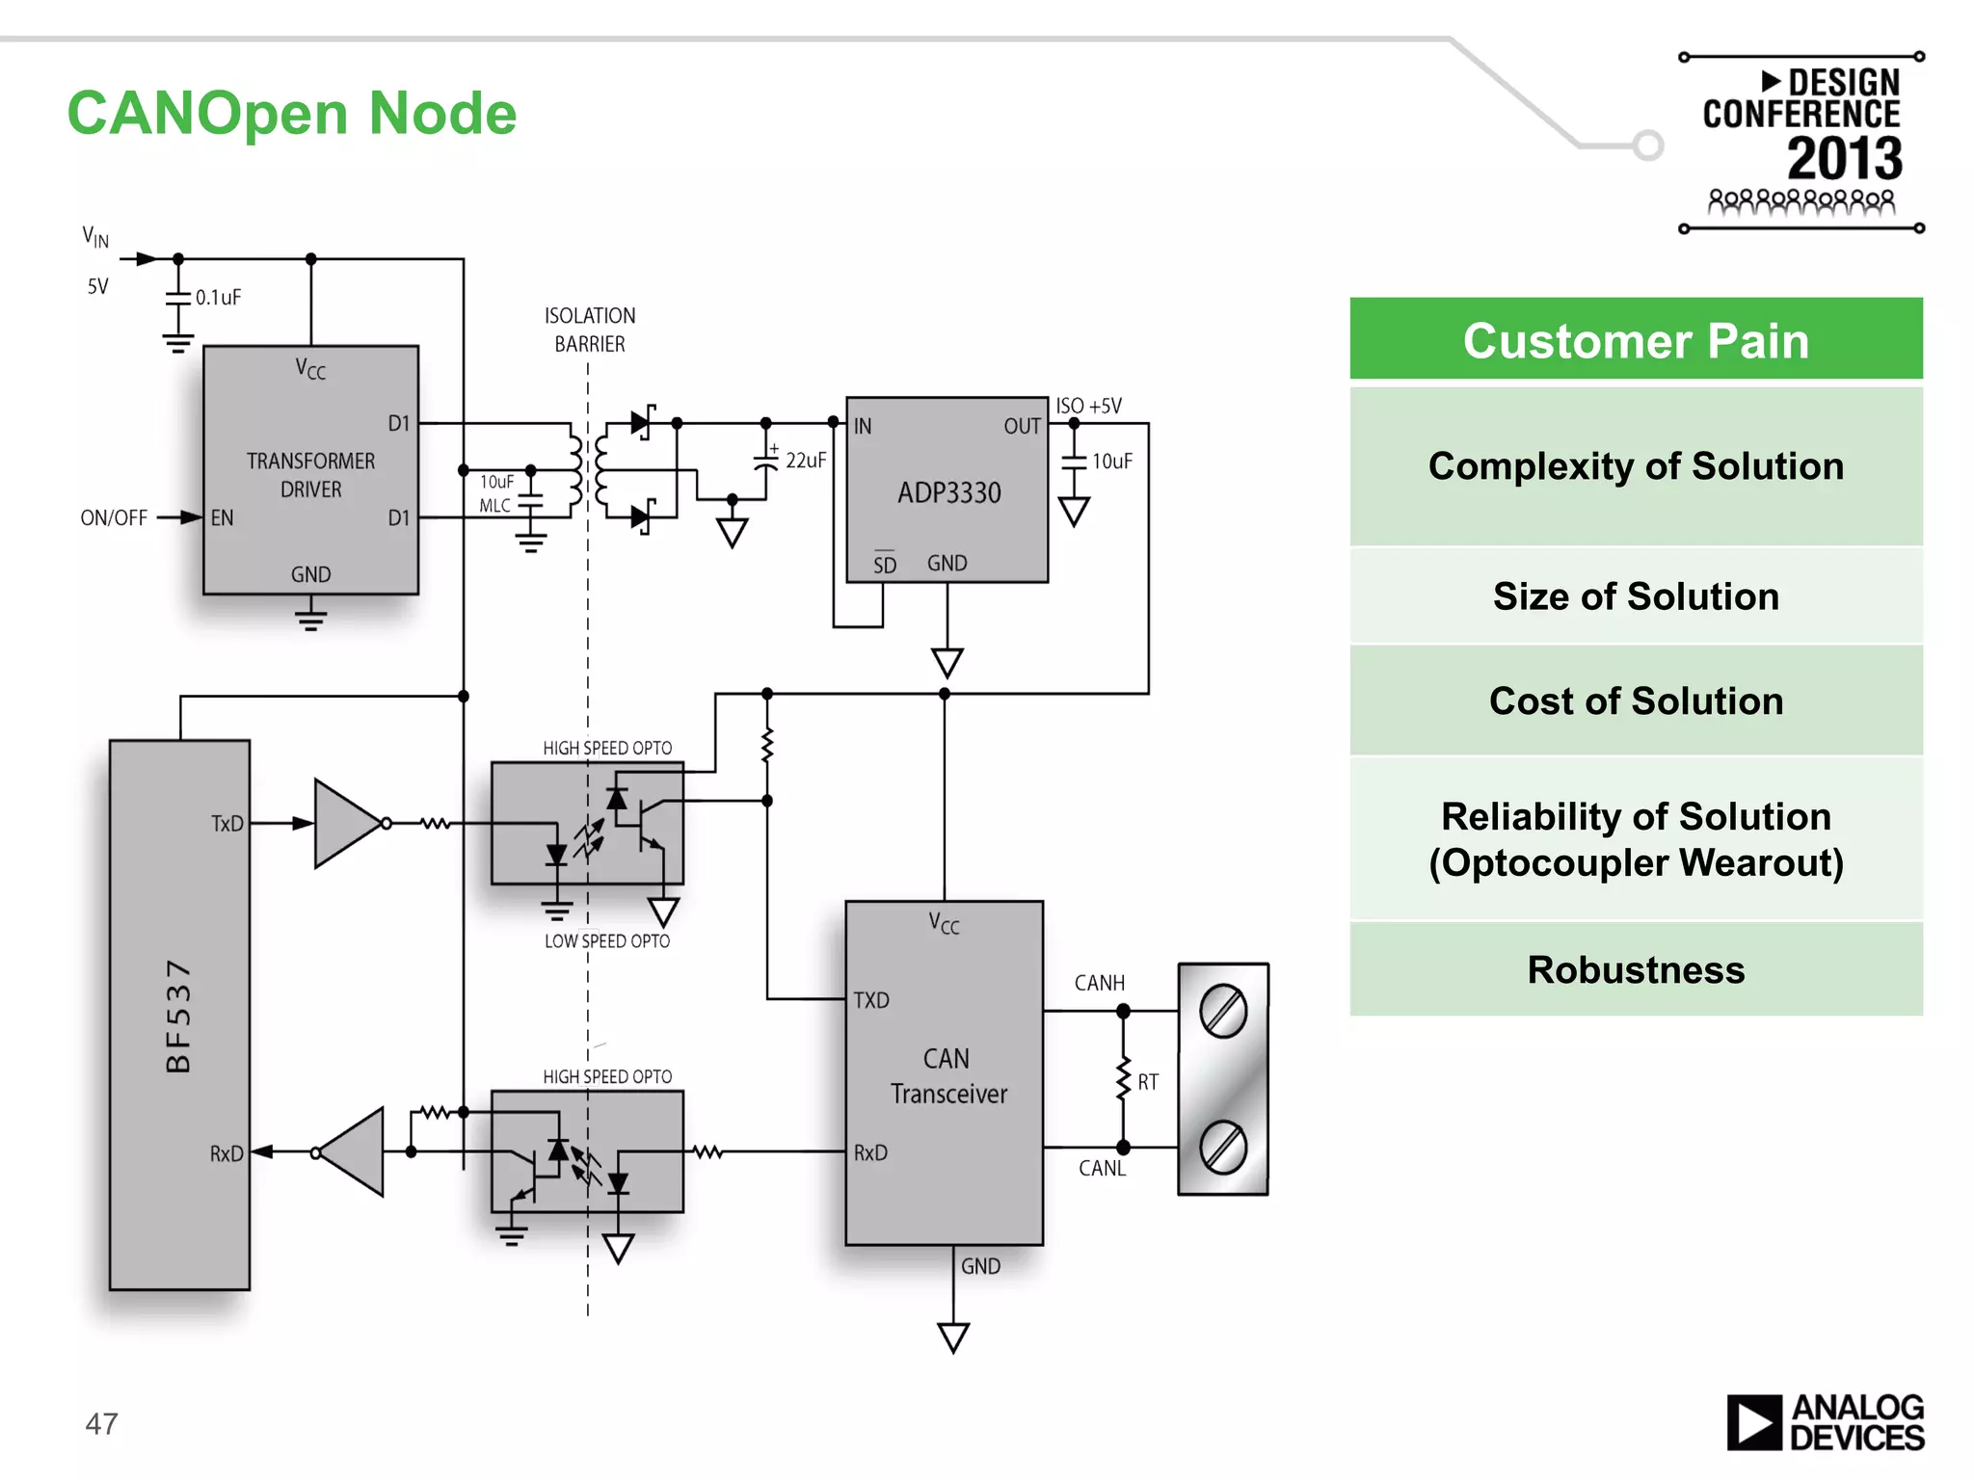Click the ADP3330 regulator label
click(x=949, y=492)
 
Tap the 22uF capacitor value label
click(x=806, y=461)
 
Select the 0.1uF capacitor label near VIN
click(x=218, y=298)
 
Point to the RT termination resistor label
click(x=1147, y=1082)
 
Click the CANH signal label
click(x=1099, y=983)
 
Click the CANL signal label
click(x=1102, y=1168)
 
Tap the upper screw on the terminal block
click(x=1223, y=1011)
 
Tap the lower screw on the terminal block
click(x=1223, y=1148)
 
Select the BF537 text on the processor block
click(x=179, y=1016)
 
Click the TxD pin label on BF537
click(x=227, y=824)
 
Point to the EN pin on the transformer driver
click(x=222, y=518)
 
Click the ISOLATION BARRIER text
click(x=590, y=330)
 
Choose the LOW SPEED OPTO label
click(x=606, y=941)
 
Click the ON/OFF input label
click(x=114, y=518)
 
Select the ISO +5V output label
click(x=1088, y=406)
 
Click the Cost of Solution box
click(x=1636, y=700)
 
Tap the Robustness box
click(x=1636, y=969)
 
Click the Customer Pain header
click(x=1636, y=340)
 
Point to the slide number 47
click(x=101, y=1423)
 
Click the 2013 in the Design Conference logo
click(x=1844, y=159)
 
